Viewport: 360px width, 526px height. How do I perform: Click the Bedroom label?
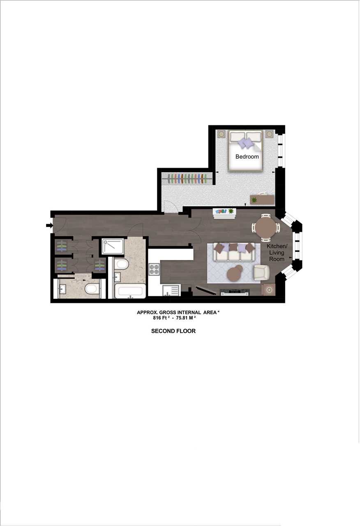[247, 157]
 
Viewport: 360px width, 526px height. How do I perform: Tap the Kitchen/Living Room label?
[277, 252]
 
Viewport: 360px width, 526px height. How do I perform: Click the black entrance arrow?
[49, 226]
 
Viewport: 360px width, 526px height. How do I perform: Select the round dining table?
[266, 227]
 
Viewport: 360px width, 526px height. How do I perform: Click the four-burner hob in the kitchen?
[154, 269]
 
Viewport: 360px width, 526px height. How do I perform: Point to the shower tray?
[113, 246]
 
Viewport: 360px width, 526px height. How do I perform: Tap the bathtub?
[130, 291]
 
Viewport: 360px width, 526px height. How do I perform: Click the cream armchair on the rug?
[262, 272]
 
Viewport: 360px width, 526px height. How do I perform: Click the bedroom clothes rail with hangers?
[187, 178]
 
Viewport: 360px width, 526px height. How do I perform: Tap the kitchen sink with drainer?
[171, 291]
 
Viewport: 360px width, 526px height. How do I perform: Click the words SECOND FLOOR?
[173, 331]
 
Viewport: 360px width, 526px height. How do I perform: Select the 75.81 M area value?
[188, 318]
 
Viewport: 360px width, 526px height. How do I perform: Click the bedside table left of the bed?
[221, 134]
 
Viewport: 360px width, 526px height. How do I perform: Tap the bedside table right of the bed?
[270, 134]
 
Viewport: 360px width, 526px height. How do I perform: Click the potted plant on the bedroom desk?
[254, 200]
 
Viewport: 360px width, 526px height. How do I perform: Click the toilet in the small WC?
[91, 288]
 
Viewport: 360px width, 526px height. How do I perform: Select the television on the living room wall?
[235, 292]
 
